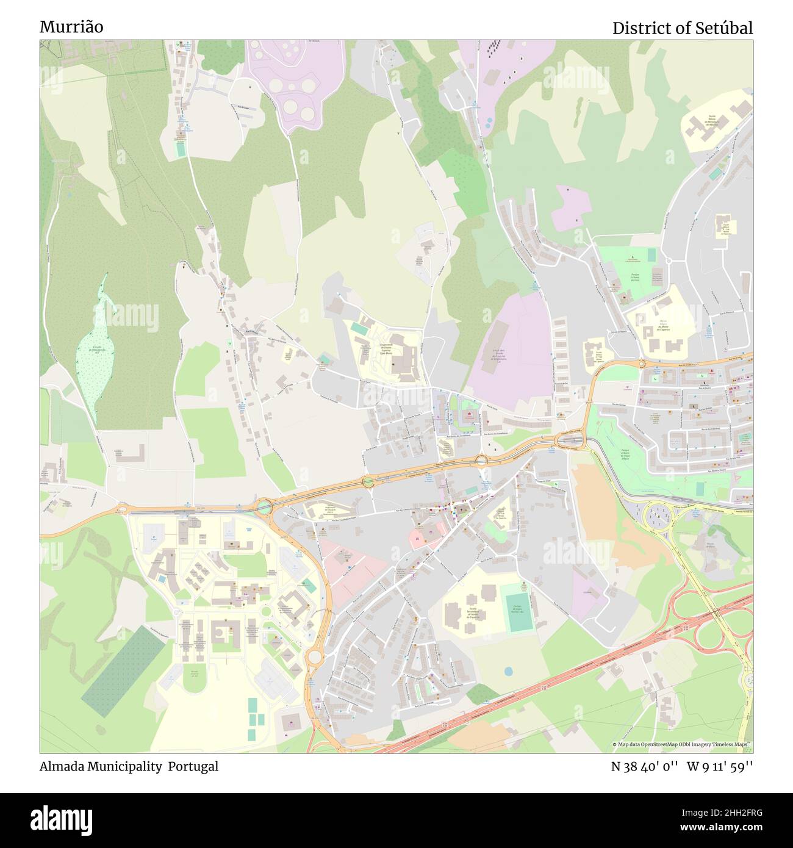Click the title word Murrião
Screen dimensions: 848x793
point(71,27)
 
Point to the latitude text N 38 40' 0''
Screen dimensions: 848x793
point(645,766)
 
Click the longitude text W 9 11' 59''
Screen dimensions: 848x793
point(720,766)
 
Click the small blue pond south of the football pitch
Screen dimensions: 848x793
point(508,671)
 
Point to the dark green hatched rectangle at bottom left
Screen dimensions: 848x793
point(123,671)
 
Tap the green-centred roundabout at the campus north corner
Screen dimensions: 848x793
point(264,506)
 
